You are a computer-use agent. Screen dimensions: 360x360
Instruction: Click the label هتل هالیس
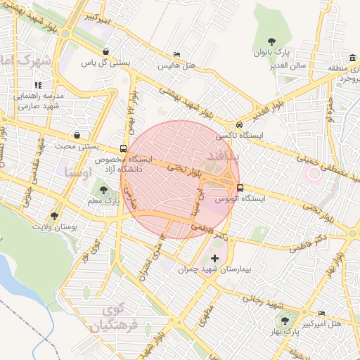click(176, 65)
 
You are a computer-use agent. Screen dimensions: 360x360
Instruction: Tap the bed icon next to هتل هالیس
click(176, 54)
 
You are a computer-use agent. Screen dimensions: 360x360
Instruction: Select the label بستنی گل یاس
click(105, 63)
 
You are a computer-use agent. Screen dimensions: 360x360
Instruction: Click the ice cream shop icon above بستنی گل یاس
click(105, 51)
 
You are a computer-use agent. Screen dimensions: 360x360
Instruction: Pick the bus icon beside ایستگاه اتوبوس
click(240, 188)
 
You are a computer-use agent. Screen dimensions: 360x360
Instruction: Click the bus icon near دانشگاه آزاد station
click(124, 148)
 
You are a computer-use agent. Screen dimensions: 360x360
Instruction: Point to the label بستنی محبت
click(77, 147)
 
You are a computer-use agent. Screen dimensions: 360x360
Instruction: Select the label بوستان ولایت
click(55, 228)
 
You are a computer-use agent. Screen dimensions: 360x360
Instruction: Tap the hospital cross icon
click(214, 259)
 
